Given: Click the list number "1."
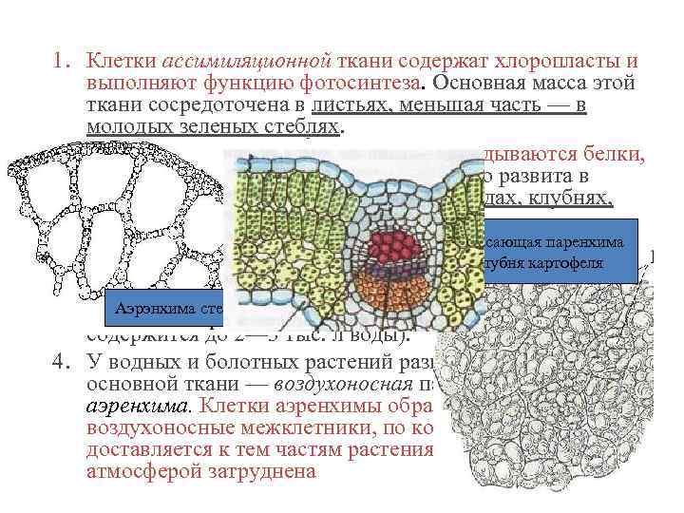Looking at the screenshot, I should point(63,62).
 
